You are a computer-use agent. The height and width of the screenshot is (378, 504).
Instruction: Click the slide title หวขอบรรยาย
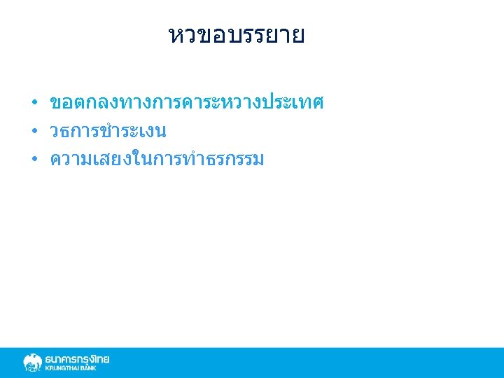click(x=237, y=36)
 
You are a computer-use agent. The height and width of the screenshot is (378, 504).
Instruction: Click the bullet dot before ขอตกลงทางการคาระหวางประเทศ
click(x=34, y=104)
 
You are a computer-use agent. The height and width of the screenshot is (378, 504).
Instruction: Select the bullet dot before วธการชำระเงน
click(x=34, y=132)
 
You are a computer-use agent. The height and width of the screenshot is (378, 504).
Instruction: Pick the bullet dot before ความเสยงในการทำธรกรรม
click(x=34, y=160)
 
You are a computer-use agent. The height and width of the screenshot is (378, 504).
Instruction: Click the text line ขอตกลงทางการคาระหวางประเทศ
click(x=186, y=104)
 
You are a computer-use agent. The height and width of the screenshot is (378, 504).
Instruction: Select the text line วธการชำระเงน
click(x=108, y=132)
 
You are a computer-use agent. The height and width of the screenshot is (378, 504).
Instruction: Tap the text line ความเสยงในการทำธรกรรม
click(x=157, y=160)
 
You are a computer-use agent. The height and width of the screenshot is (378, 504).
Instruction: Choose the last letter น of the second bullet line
click(x=160, y=132)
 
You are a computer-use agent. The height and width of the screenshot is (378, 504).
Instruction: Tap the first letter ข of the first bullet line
click(x=56, y=104)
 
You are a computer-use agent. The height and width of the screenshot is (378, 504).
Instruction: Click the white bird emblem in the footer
click(x=32, y=363)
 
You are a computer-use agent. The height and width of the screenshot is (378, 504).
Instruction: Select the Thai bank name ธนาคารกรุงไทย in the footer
click(x=77, y=359)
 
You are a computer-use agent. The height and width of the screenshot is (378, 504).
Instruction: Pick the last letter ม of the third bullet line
click(x=257, y=160)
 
